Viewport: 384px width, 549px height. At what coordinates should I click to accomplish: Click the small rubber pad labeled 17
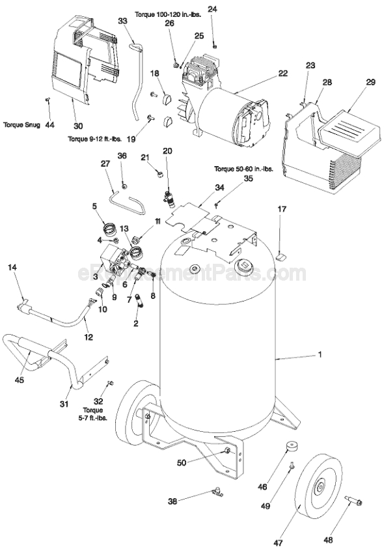281,257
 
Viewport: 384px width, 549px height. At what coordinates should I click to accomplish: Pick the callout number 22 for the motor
282,74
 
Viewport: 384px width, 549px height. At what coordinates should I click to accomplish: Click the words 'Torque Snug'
22,124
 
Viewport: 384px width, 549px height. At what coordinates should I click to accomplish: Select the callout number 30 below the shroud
78,126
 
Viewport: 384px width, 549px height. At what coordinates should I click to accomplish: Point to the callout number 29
352,82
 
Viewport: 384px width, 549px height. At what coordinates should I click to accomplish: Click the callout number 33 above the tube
122,21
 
